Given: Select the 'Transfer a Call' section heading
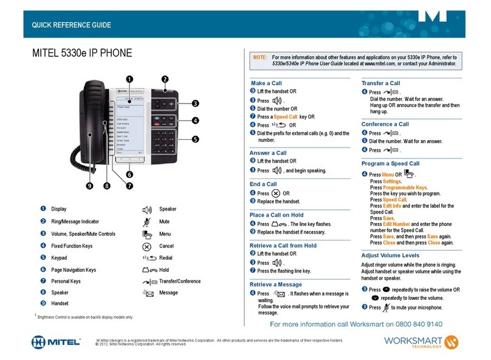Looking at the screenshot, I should point(380,83).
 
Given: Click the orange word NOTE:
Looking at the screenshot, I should point(259,56).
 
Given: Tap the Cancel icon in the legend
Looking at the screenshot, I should point(146,246).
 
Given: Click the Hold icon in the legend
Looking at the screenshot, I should point(146,270).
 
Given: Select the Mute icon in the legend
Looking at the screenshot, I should point(146,222).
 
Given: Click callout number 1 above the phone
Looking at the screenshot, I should point(129,78).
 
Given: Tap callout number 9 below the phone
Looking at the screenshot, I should point(90,186).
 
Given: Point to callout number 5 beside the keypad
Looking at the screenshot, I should point(195,139).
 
